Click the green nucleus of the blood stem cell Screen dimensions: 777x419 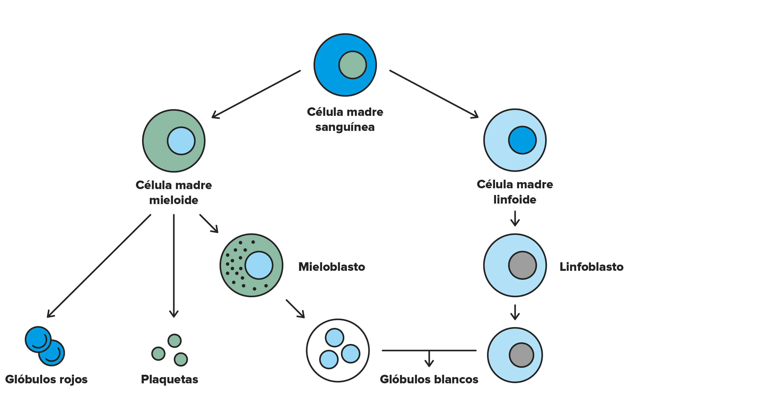pyautogui.click(x=352, y=65)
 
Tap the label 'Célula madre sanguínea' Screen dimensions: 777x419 pyautogui.click(x=345, y=119)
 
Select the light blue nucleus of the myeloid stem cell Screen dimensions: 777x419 pyautogui.click(x=181, y=141)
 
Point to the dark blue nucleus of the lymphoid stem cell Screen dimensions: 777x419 pyautogui.click(x=522, y=140)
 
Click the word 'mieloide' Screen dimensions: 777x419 pyautogui.click(x=174, y=200)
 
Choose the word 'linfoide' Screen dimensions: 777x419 pyautogui.click(x=515, y=199)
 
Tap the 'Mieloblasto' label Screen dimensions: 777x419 pyautogui.click(x=331, y=267)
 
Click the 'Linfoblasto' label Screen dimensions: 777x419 pyautogui.click(x=591, y=267)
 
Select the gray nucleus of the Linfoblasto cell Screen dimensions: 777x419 pyautogui.click(x=522, y=265)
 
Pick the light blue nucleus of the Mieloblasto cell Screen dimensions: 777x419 pyautogui.click(x=259, y=265)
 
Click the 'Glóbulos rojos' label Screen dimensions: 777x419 pyautogui.click(x=46, y=379)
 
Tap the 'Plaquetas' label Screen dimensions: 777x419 pyautogui.click(x=170, y=379)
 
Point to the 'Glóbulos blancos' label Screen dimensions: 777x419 pyautogui.click(x=429, y=379)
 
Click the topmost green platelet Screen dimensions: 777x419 pyautogui.click(x=174, y=341)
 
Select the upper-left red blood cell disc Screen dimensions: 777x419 pyautogui.click(x=38, y=339)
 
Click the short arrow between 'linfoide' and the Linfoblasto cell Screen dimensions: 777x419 pyautogui.click(x=515, y=219)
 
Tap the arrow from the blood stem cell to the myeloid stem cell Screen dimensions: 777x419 pyautogui.click(x=256, y=94)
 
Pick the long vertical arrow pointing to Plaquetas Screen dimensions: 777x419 pyautogui.click(x=174, y=266)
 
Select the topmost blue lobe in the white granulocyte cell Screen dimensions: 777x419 pyautogui.click(x=334, y=338)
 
